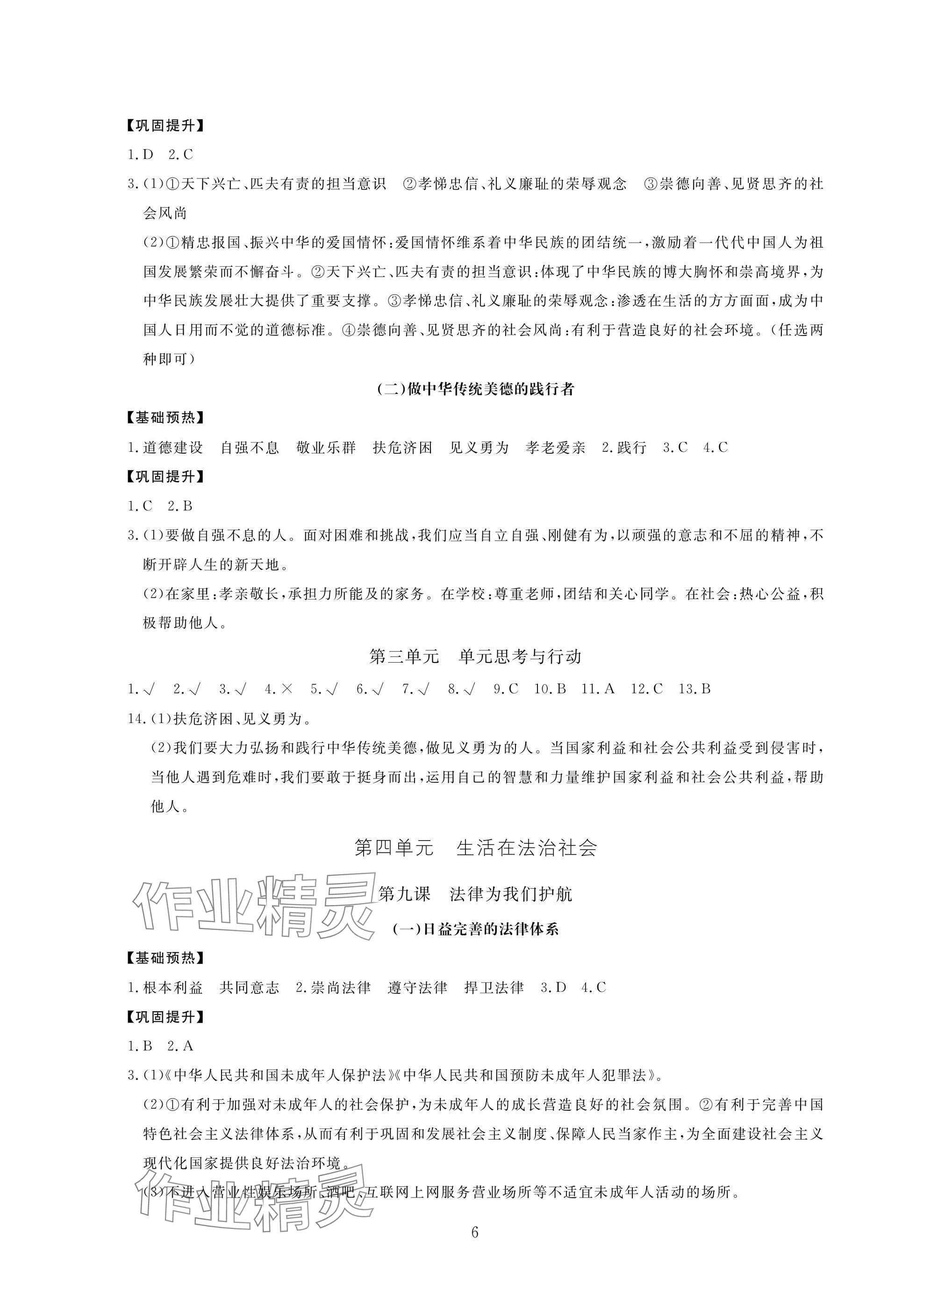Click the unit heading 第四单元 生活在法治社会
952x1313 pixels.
[475, 849]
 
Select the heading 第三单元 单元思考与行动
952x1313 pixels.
[475, 656]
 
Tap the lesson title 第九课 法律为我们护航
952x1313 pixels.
[475, 894]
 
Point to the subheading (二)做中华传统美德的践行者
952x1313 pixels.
[475, 389]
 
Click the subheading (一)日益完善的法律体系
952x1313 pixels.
[475, 929]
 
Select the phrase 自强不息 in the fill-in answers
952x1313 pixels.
[250, 448]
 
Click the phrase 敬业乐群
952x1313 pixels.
[326, 448]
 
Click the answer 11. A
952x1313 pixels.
[598, 689]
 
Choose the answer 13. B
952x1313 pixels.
[694, 689]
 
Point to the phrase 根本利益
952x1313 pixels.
[172, 988]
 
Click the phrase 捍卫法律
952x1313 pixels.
[494, 988]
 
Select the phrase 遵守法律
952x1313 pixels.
[417, 988]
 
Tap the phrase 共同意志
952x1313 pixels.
[250, 988]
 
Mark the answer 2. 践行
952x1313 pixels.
[624, 448]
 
